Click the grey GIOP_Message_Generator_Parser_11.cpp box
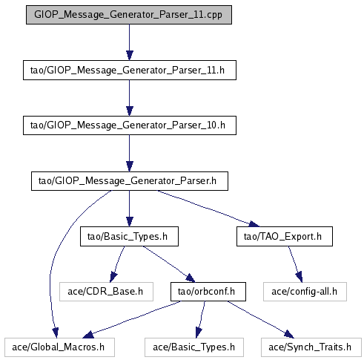coord(129,15)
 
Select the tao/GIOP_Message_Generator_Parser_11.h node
coord(130,70)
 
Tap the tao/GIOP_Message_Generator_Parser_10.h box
coord(130,125)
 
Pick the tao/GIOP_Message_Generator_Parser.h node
coord(130,181)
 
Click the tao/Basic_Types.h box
coord(129,236)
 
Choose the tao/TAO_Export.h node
coord(285,236)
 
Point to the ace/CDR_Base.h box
coord(106,292)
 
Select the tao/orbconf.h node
coord(208,292)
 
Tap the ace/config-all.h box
coord(305,292)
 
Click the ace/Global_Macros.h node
coord(59,347)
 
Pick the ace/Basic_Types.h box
coord(194,347)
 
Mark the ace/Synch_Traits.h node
coord(311,347)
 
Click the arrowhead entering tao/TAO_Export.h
coord(254,224)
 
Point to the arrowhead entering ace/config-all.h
coord(299,277)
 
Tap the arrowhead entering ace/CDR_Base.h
coord(113,277)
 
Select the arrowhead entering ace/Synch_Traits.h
coord(289,334)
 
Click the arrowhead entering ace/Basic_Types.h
coord(199,333)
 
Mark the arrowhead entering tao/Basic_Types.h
coord(130,222)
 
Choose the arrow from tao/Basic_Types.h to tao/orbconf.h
coord(169,264)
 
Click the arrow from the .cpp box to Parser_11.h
coord(130,42)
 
